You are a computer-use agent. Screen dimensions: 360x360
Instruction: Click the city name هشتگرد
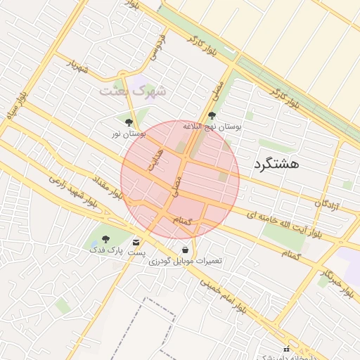[x=275, y=165]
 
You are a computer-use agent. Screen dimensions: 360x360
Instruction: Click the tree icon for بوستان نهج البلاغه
[x=212, y=116]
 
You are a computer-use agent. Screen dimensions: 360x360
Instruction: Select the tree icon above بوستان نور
[x=129, y=122]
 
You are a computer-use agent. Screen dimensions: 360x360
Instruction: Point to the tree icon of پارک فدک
[x=105, y=239]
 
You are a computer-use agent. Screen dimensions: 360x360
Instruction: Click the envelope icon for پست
[x=136, y=243]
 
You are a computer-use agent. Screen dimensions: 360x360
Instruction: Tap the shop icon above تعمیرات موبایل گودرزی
[x=185, y=250]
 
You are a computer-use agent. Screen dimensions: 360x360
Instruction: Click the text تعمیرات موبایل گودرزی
[x=185, y=261]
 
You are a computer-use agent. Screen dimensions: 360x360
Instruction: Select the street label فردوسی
[x=157, y=46]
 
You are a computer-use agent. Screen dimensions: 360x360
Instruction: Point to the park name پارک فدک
[x=105, y=250]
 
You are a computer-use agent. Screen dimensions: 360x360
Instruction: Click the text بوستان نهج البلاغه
[x=212, y=127]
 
